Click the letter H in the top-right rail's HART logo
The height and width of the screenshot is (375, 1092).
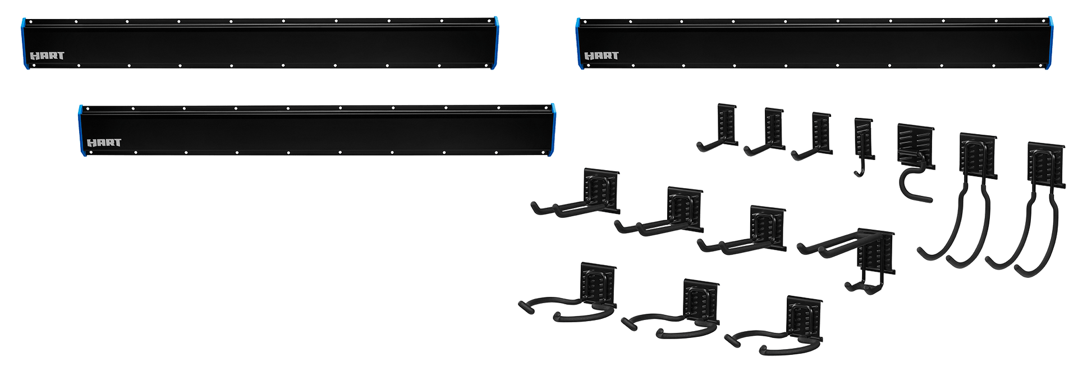click(x=589, y=56)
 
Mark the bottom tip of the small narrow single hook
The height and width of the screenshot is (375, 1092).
click(x=857, y=175)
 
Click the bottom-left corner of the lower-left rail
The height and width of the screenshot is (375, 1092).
click(x=85, y=156)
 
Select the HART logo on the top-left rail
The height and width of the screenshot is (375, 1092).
click(x=47, y=56)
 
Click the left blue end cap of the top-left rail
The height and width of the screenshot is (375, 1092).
click(x=24, y=44)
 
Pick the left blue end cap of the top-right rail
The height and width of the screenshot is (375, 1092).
click(x=579, y=44)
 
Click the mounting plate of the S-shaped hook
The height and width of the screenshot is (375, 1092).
click(x=916, y=145)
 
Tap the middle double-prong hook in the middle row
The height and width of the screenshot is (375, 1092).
click(x=659, y=212)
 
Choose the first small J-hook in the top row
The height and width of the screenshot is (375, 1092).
click(x=718, y=128)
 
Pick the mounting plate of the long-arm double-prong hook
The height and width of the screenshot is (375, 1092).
click(x=875, y=253)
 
